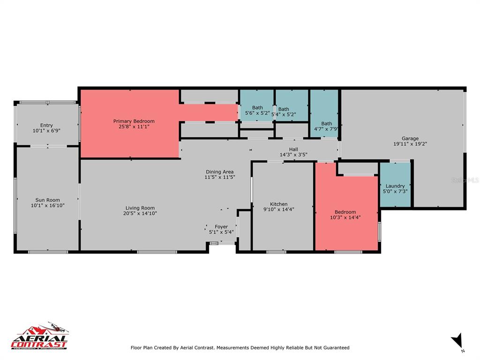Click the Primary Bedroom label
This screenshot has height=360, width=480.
click(134, 121)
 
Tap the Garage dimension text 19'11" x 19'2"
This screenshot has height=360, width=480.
click(410, 144)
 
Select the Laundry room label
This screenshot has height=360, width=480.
click(395, 186)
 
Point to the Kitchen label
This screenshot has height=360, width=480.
click(278, 204)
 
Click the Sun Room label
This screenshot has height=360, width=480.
click(46, 200)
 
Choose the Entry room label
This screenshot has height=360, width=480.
click(46, 125)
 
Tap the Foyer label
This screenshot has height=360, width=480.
click(221, 227)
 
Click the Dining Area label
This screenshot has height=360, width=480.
click(219, 172)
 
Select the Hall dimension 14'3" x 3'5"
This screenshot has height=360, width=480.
click(293, 155)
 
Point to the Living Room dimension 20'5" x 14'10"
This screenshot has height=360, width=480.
click(140, 213)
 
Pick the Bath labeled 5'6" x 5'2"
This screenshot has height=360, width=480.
click(257, 108)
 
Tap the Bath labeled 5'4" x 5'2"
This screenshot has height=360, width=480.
click(284, 109)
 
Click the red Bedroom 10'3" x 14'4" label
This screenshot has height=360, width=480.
click(345, 212)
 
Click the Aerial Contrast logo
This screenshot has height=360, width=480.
click(40, 336)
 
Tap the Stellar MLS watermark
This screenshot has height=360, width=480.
click(465, 180)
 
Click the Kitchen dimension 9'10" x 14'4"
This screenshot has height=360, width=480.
click(278, 210)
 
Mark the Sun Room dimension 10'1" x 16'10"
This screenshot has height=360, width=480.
click(46, 205)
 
